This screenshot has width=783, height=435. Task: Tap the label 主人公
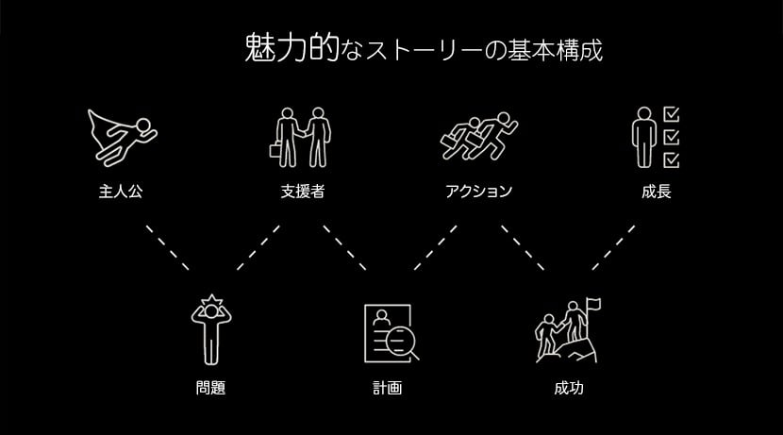click(x=121, y=192)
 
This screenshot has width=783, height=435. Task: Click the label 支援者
click(x=303, y=192)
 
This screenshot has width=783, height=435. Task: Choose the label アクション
click(x=479, y=192)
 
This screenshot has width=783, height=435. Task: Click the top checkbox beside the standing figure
click(x=672, y=115)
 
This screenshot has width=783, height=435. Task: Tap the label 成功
click(x=569, y=387)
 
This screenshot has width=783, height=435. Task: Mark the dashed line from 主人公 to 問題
click(x=167, y=247)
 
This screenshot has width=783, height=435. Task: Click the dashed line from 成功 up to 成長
click(x=612, y=247)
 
